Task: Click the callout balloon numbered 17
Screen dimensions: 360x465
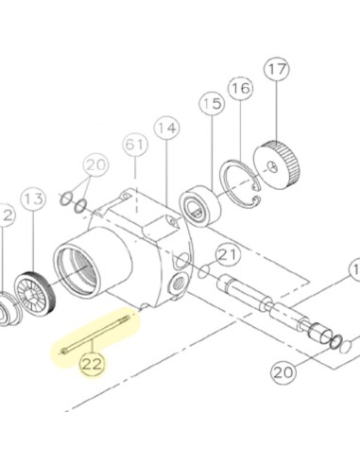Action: click(277, 70)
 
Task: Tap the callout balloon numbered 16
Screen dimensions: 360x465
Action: click(241, 88)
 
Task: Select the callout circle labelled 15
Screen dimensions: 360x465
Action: click(212, 104)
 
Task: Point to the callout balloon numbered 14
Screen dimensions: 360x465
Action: click(166, 129)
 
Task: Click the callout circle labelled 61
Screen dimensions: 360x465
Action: click(135, 145)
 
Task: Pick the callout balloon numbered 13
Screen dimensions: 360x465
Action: click(33, 199)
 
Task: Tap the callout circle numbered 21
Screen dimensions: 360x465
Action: click(228, 255)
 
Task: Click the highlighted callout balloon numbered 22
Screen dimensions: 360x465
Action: click(93, 364)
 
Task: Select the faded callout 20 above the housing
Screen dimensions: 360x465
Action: click(95, 165)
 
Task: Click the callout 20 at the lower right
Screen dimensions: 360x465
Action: click(283, 372)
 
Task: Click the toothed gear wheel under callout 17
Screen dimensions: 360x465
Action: click(277, 164)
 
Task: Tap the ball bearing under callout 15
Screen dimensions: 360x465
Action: click(200, 206)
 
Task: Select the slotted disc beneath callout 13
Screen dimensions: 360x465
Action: click(35, 293)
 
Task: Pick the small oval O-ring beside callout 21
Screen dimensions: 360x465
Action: click(203, 272)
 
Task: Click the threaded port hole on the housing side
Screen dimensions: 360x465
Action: click(180, 284)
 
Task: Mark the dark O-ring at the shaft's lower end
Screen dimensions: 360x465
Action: click(336, 342)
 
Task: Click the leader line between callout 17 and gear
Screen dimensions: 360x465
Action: click(277, 112)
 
